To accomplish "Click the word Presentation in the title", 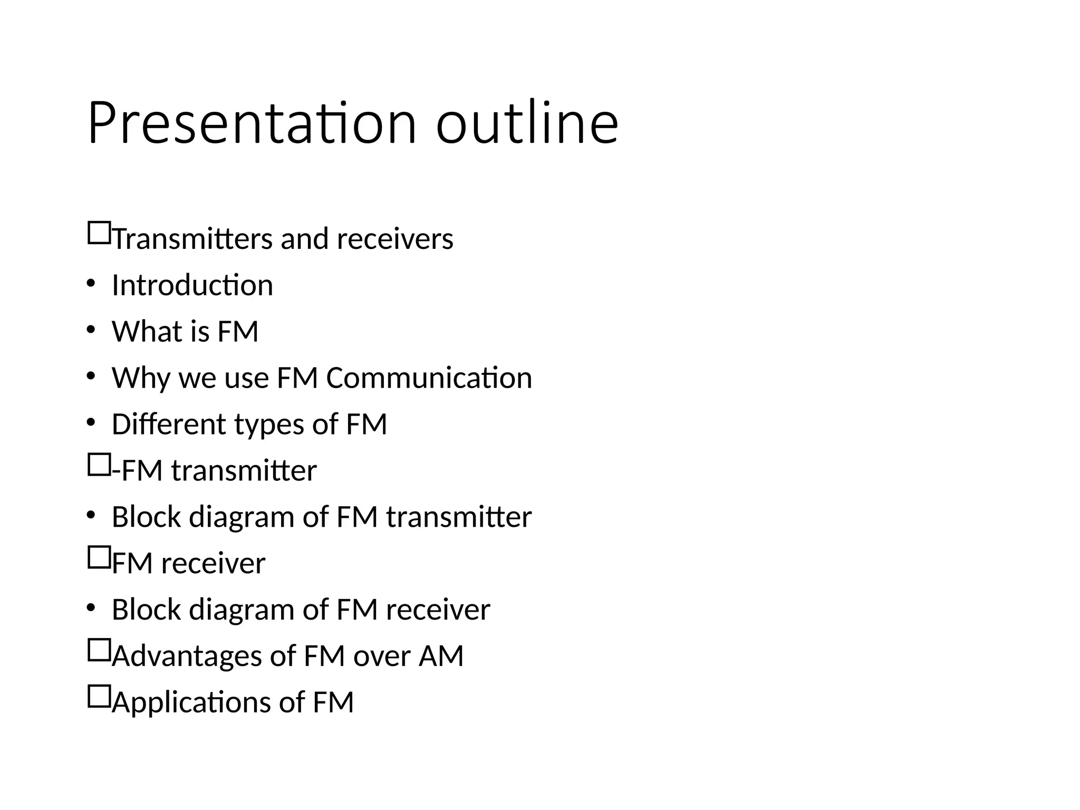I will pyautogui.click(x=252, y=123).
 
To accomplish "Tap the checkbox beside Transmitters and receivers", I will pyautogui.click(x=99, y=233).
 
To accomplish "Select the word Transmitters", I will pyautogui.click(x=193, y=239).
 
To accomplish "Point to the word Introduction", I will pyautogui.click(x=192, y=285).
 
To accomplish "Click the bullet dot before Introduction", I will pyautogui.click(x=91, y=284).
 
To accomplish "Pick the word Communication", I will pyautogui.click(x=429, y=378).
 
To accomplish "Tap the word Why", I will pyautogui.click(x=141, y=378).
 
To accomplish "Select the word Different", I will pyautogui.click(x=169, y=425).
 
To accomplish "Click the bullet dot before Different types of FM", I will pyautogui.click(x=91, y=423).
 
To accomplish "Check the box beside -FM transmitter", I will pyautogui.click(x=99, y=465).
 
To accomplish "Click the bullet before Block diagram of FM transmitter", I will pyautogui.click(x=91, y=516).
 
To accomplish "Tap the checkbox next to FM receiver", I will pyautogui.click(x=99, y=557).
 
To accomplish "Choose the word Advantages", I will pyautogui.click(x=187, y=656).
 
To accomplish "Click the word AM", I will pyautogui.click(x=441, y=656).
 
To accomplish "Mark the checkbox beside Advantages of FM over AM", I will pyautogui.click(x=99, y=650).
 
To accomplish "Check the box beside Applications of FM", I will pyautogui.click(x=99, y=697).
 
